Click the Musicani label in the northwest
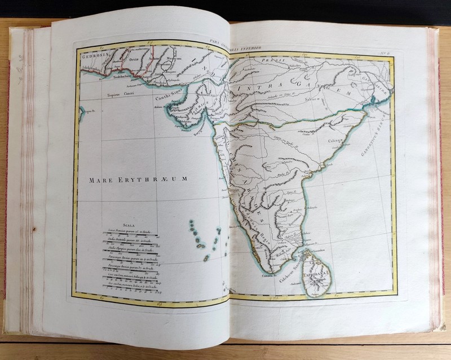click(175, 59)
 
